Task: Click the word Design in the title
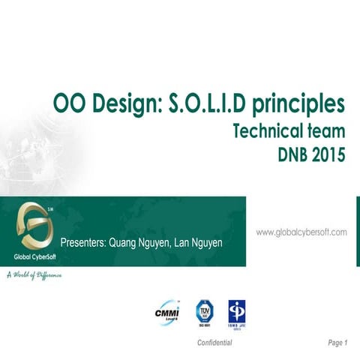coord(120,103)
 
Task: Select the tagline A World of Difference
coord(34,276)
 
